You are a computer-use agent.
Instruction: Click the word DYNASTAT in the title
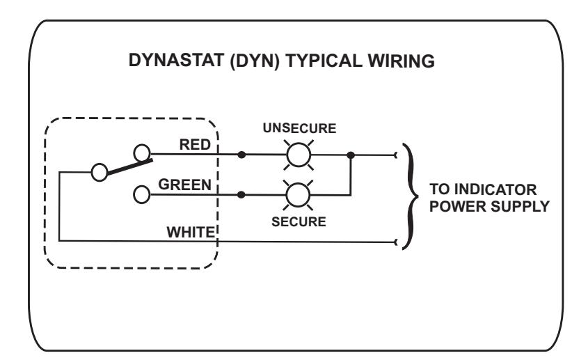tap(176, 60)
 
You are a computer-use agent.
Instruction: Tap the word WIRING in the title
tap(401, 61)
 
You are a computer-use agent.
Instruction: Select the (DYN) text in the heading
tap(255, 61)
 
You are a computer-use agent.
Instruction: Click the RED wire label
tap(195, 145)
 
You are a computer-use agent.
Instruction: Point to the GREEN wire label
tap(184, 185)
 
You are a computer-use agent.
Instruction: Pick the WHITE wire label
tap(191, 233)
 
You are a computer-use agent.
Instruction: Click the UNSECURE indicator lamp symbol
tap(299, 155)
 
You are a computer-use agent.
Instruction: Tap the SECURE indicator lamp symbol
tap(298, 195)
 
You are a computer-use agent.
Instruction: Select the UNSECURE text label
tap(299, 128)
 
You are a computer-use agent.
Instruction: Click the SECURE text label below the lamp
tap(299, 222)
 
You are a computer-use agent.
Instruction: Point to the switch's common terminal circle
tap(100, 172)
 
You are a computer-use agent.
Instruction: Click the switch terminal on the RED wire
tap(142, 153)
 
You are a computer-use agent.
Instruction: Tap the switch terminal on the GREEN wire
tap(141, 195)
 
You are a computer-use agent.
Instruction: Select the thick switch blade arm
tap(129, 167)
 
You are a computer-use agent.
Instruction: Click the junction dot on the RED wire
tap(242, 155)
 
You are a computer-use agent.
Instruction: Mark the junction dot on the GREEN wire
tap(241, 195)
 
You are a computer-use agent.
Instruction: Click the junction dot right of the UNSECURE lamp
tap(351, 155)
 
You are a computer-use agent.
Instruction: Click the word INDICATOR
tap(495, 189)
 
